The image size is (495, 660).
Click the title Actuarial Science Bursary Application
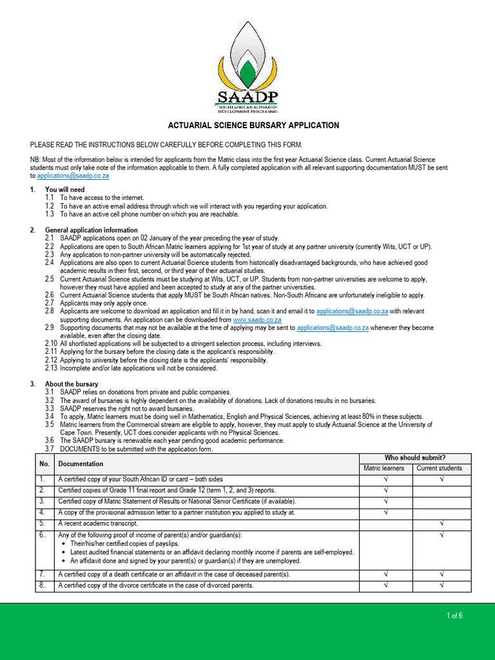(x=253, y=125)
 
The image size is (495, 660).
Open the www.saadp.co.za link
(x=257, y=319)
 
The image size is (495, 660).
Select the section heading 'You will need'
(x=64, y=189)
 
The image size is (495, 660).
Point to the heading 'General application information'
(x=91, y=230)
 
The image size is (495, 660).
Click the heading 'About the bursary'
(x=72, y=384)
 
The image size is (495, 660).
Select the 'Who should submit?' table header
(x=415, y=457)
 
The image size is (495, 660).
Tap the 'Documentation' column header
(x=80, y=463)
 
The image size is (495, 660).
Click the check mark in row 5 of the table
(x=442, y=523)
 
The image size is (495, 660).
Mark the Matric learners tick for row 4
(x=385, y=512)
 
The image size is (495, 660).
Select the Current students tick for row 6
(x=442, y=535)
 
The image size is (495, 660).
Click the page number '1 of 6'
(x=454, y=616)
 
